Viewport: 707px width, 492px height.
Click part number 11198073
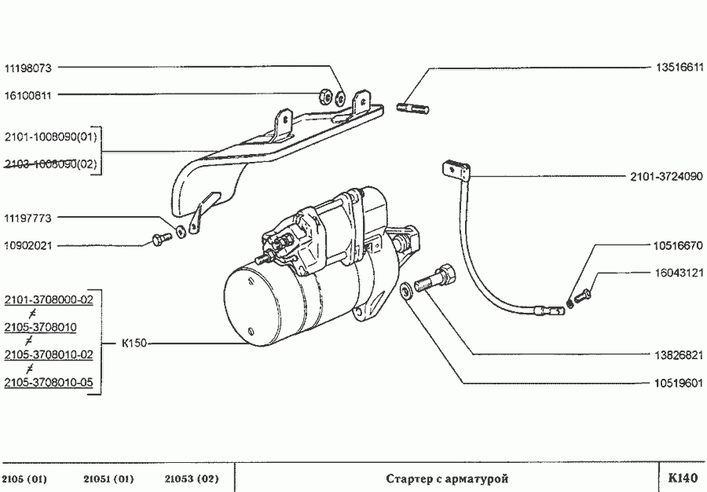click(x=28, y=68)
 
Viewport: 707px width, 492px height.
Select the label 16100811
click(x=28, y=96)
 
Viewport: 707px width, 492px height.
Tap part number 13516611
click(x=679, y=68)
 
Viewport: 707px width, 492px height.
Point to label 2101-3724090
click(x=665, y=177)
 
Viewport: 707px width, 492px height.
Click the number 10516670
click(x=679, y=245)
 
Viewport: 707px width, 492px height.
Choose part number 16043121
click(x=679, y=273)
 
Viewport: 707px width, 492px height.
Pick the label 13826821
click(x=679, y=354)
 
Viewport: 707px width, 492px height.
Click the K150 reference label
click(x=134, y=343)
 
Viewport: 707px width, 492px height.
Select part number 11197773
click(x=28, y=217)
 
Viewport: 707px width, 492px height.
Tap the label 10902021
click(x=28, y=245)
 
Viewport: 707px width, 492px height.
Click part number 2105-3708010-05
click(x=49, y=382)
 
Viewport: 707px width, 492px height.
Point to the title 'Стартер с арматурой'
click(x=448, y=478)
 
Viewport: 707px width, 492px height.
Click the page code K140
click(x=682, y=478)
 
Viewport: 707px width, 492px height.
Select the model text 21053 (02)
click(x=192, y=479)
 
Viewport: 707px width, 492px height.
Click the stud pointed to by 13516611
click(x=412, y=107)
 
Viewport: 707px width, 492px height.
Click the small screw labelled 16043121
click(x=582, y=297)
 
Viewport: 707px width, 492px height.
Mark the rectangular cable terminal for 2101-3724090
click(x=451, y=169)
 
